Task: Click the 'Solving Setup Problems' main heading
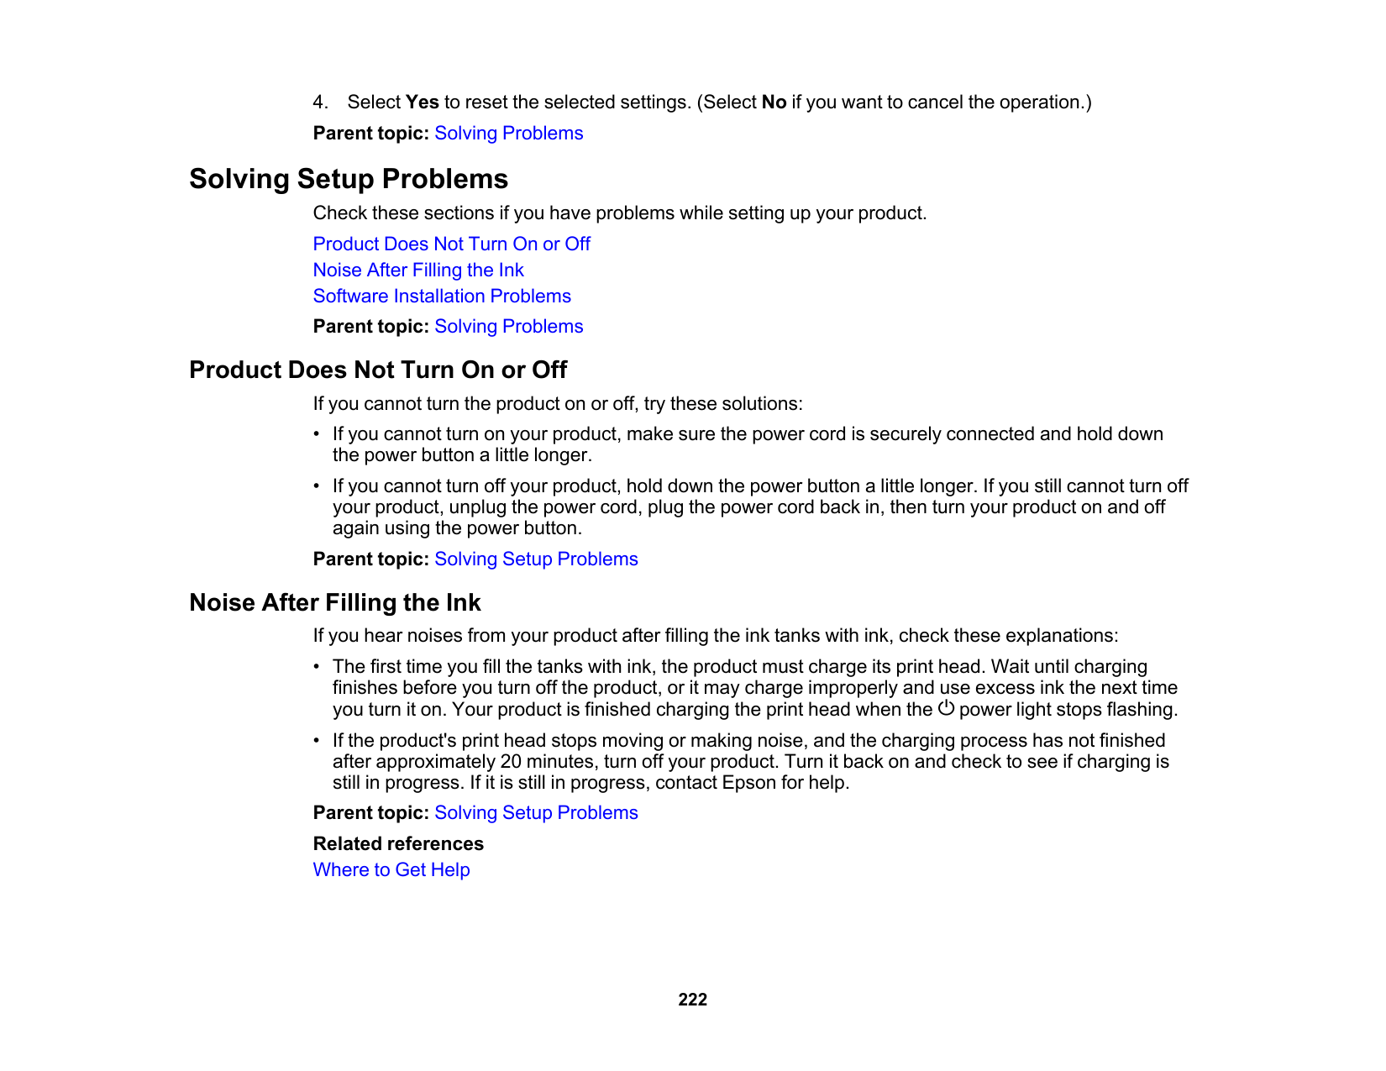coord(349,179)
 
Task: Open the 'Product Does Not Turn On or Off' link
coord(451,244)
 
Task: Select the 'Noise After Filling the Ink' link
coord(418,270)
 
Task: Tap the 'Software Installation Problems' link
coord(442,296)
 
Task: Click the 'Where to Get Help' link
coord(391,869)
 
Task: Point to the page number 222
coord(692,999)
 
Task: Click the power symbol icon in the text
coord(946,708)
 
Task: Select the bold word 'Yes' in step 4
coord(422,102)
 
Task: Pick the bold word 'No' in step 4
coord(774,102)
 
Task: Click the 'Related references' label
coord(398,843)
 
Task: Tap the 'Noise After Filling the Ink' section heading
coord(335,602)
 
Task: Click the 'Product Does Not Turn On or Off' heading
coord(378,370)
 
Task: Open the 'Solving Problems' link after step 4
coord(508,133)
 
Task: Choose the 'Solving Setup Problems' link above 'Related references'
coord(536,812)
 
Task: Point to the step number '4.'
coord(320,102)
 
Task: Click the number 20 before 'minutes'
coord(511,762)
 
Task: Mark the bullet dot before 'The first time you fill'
coord(317,667)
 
